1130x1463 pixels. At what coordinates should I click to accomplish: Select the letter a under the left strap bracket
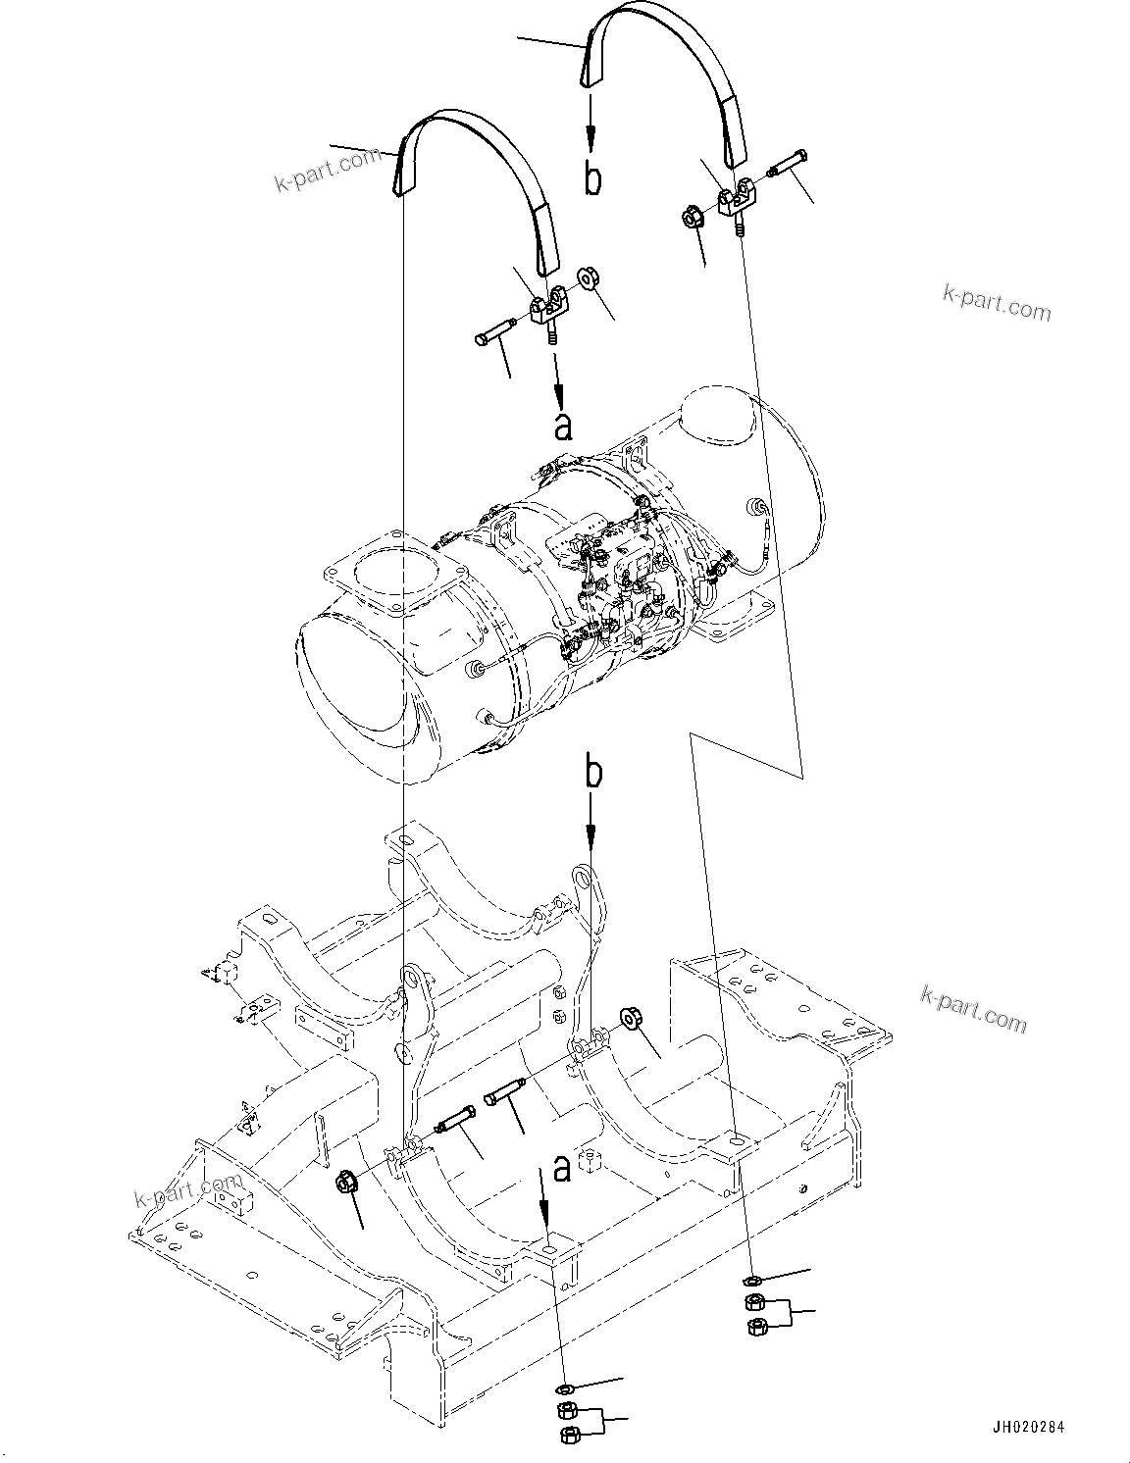tap(562, 427)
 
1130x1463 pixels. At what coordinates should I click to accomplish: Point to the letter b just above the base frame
tap(591, 772)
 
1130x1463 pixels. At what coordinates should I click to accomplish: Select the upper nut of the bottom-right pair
tap(754, 1303)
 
